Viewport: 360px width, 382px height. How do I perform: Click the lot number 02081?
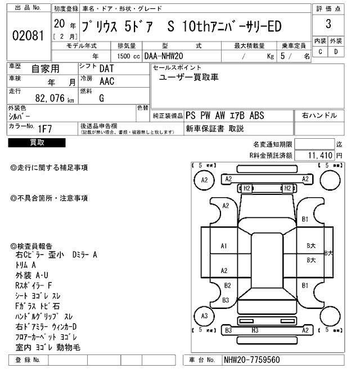click(28, 36)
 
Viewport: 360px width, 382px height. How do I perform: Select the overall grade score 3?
click(327, 25)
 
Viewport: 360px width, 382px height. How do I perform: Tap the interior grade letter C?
click(320, 52)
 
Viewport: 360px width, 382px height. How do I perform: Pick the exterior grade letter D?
click(336, 52)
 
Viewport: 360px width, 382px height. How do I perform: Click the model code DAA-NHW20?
click(164, 57)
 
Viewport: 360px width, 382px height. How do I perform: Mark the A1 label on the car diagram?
click(224, 245)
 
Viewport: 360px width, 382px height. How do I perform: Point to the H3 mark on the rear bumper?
click(254, 330)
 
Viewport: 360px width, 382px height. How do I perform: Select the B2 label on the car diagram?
click(227, 285)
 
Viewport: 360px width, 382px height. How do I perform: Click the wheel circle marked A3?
click(204, 316)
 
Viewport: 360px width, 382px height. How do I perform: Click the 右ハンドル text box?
click(319, 115)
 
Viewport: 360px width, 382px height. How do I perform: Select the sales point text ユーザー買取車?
click(189, 77)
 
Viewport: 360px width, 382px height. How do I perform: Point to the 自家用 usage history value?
click(44, 69)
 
